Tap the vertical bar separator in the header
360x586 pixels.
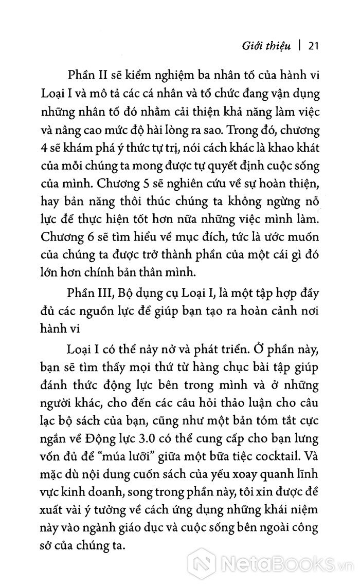pos(299,47)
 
